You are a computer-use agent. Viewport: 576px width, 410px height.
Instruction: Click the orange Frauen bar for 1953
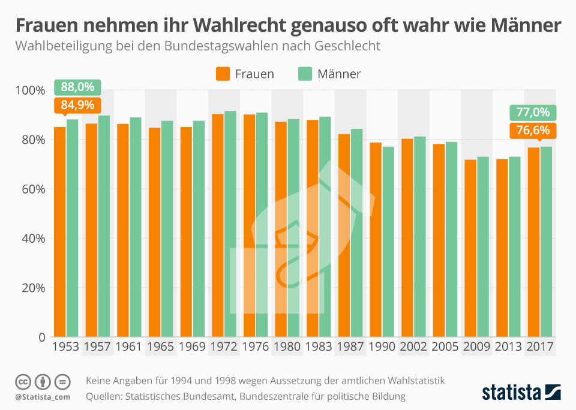(59, 231)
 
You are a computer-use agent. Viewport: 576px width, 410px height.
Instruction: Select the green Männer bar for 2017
(546, 242)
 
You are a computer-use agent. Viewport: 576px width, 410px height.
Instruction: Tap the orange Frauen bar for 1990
(376, 239)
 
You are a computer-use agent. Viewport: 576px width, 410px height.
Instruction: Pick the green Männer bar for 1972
(230, 224)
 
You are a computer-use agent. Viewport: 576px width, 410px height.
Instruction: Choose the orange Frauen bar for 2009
(470, 248)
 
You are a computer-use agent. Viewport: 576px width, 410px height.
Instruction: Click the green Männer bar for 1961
(136, 227)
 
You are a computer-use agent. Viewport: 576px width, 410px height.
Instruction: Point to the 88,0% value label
(77, 87)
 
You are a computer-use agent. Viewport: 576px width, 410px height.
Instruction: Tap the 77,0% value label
(533, 112)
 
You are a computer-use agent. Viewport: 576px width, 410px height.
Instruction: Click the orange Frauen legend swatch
(223, 74)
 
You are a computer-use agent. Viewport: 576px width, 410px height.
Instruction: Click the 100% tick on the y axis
(31, 91)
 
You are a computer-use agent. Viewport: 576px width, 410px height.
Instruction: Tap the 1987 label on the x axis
(350, 347)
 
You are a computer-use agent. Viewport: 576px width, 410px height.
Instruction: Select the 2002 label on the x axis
(413, 347)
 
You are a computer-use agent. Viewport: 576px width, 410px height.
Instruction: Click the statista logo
(521, 392)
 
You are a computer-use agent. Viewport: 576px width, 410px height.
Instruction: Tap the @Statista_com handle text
(43, 397)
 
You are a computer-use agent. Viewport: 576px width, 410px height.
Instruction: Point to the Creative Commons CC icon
(23, 381)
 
